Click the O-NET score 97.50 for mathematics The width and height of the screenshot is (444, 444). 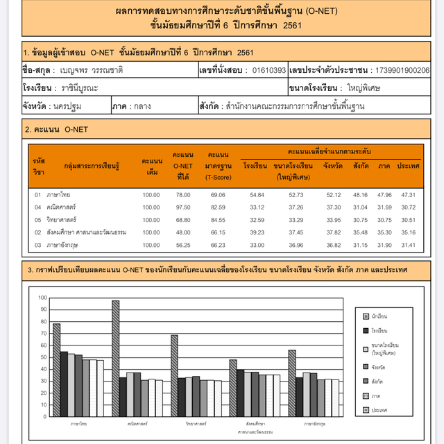(x=182, y=207)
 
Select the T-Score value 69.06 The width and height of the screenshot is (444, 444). (x=217, y=195)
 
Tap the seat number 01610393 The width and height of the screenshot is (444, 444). (x=269, y=70)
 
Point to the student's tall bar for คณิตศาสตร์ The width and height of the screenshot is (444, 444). (x=115, y=354)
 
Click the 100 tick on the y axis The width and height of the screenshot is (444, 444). (x=43, y=298)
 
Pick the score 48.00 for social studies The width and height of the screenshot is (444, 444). (x=182, y=232)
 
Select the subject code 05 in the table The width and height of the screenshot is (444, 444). (x=38, y=219)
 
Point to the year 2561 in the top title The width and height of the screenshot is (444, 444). (x=287, y=26)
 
